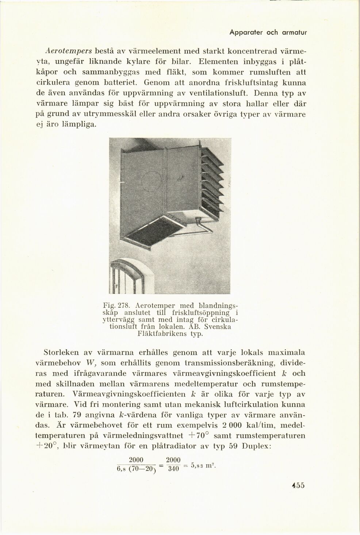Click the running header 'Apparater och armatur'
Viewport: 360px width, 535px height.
coord(268,32)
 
